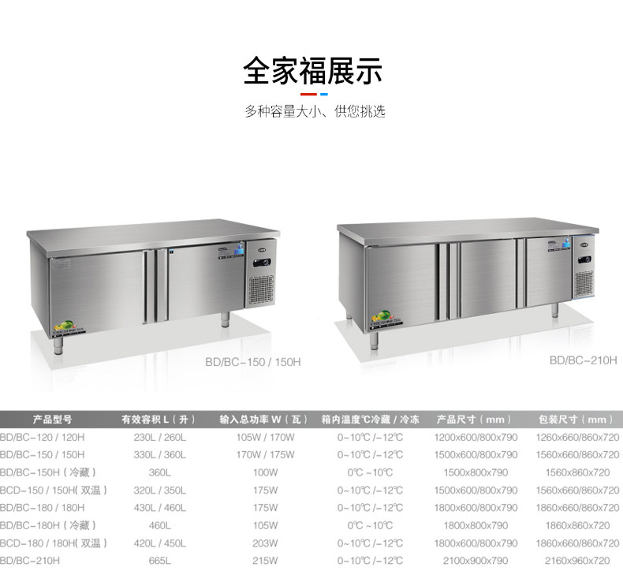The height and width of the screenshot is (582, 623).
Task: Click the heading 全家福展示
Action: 312,71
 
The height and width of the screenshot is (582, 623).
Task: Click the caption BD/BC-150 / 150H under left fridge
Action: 252,362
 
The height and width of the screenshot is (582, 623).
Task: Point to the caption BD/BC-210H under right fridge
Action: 583,359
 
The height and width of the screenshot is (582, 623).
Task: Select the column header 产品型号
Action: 53,420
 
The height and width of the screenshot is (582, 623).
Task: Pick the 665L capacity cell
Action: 159,560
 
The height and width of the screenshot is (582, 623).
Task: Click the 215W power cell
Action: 265,560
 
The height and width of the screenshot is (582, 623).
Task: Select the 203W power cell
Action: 265,543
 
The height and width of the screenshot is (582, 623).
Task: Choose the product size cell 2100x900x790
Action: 476,560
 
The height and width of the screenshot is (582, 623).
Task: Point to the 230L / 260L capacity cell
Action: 159,437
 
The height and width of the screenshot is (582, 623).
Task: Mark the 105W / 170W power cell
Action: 265,437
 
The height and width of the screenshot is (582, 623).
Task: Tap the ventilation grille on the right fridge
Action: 583,282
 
